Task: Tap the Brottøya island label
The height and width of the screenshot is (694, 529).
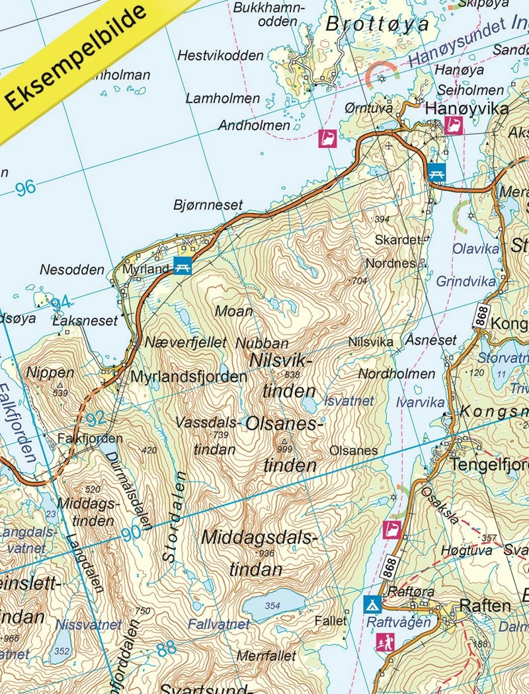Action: point(378,24)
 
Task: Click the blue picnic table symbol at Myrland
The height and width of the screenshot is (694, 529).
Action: point(183,266)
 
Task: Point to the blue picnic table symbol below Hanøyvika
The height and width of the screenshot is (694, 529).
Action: point(436,173)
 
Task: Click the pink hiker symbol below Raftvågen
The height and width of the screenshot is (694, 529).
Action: point(384,642)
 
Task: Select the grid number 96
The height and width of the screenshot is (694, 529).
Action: point(25,188)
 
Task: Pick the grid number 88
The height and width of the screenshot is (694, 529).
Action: point(167,648)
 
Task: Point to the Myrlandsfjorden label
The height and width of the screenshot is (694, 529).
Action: point(188,377)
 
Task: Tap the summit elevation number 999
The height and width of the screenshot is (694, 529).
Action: point(285,449)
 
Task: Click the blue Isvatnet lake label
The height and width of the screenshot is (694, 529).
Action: point(349,401)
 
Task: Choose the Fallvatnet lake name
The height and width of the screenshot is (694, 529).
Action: point(219,624)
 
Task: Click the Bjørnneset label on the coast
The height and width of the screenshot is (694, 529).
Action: point(208,205)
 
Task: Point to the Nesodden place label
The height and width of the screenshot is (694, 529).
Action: point(72,270)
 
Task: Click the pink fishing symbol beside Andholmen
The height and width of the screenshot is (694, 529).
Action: point(327,138)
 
